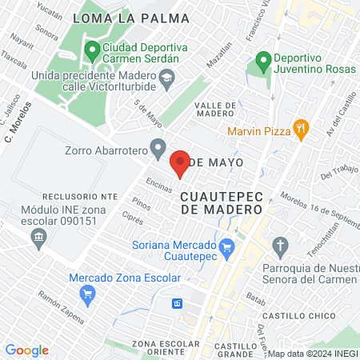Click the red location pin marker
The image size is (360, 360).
[180, 162]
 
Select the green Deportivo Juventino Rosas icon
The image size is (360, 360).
[262, 60]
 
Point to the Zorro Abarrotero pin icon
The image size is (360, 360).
[158, 148]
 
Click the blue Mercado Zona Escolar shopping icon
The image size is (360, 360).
[88, 294]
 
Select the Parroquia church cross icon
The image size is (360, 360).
[280, 244]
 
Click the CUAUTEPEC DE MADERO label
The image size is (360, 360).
[222, 202]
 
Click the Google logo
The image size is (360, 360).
[27, 350]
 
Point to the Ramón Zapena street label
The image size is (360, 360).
[61, 307]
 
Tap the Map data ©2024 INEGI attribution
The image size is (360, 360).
[313, 354]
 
